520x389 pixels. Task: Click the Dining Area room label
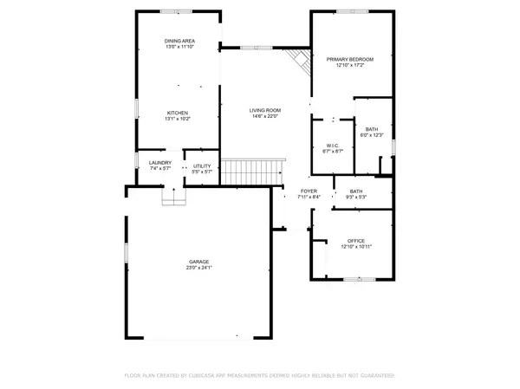179,41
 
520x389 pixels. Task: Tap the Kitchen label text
178,113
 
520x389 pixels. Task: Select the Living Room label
265,110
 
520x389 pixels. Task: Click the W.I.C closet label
332,145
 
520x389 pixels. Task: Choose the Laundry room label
159,162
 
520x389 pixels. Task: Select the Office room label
356,240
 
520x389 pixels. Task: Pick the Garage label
199,262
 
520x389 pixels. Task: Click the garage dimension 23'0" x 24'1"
199,268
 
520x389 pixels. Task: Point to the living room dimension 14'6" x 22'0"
265,116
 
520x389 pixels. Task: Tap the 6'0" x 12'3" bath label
371,132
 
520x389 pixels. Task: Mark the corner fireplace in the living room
299,62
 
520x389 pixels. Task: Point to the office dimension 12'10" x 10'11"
356,247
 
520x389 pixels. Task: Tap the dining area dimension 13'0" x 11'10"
179,47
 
